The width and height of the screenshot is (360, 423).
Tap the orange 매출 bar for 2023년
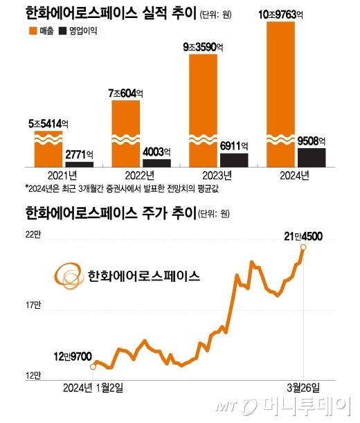(x=208, y=111)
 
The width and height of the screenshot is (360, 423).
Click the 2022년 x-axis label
(x=130, y=174)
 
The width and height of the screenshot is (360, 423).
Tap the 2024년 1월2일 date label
(x=94, y=385)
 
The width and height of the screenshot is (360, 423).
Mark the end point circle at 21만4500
(x=303, y=246)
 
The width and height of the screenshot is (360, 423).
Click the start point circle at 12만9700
(x=93, y=366)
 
